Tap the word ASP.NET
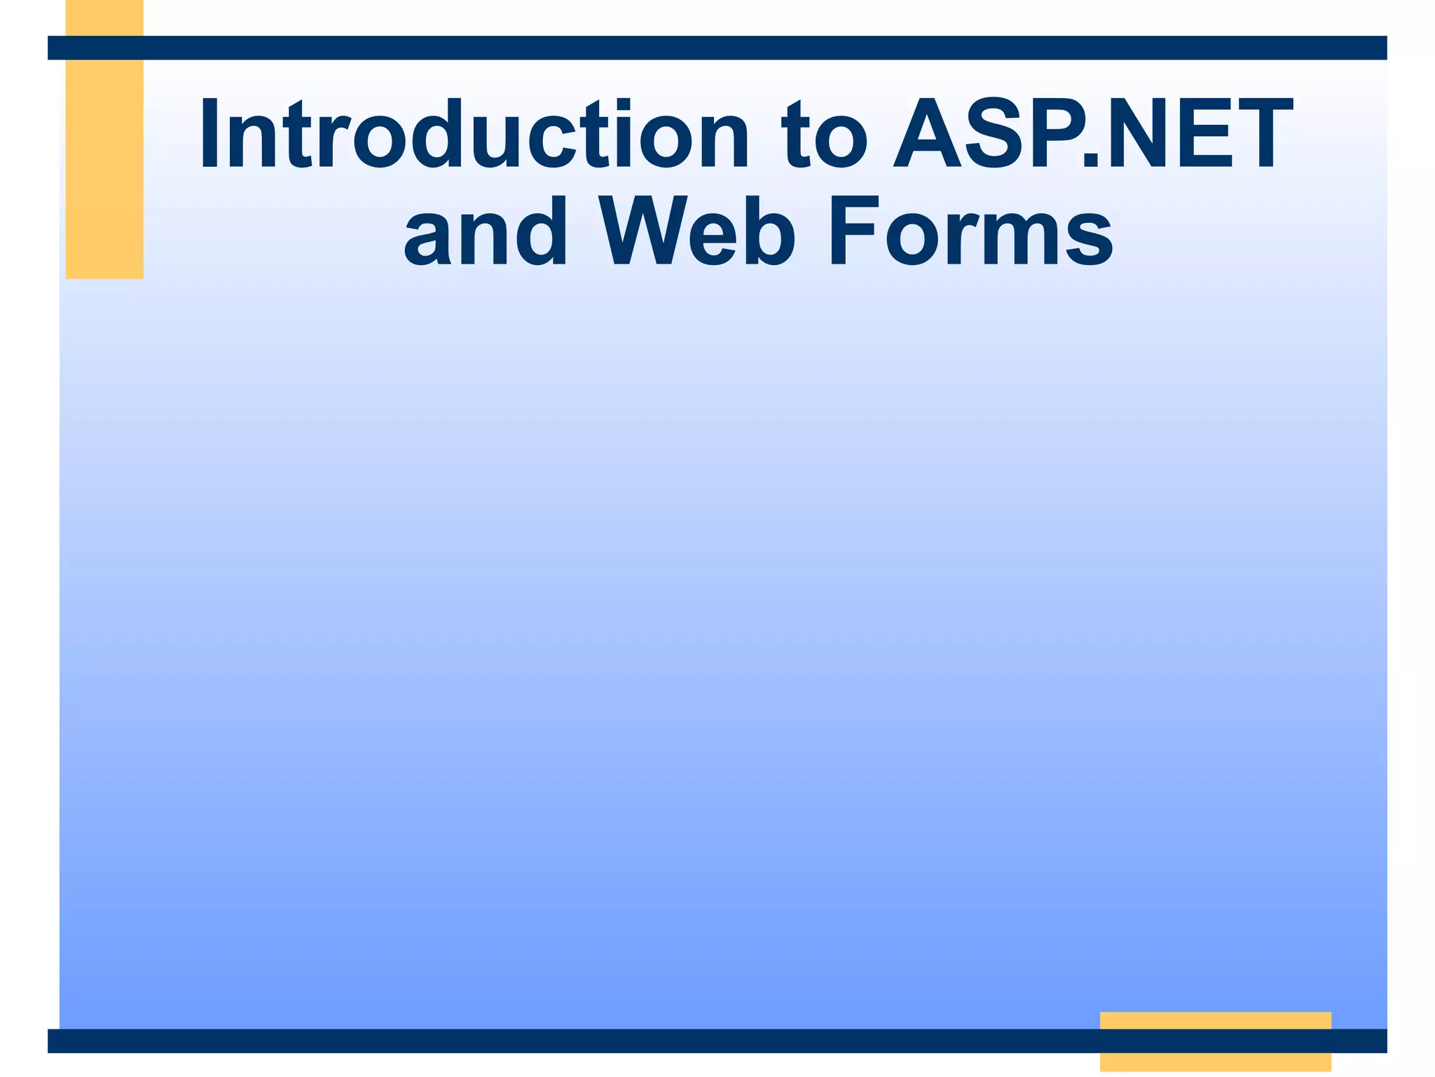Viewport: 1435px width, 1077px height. click(1092, 135)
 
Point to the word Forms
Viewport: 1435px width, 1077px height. click(970, 231)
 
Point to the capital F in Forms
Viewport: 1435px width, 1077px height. click(852, 231)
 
